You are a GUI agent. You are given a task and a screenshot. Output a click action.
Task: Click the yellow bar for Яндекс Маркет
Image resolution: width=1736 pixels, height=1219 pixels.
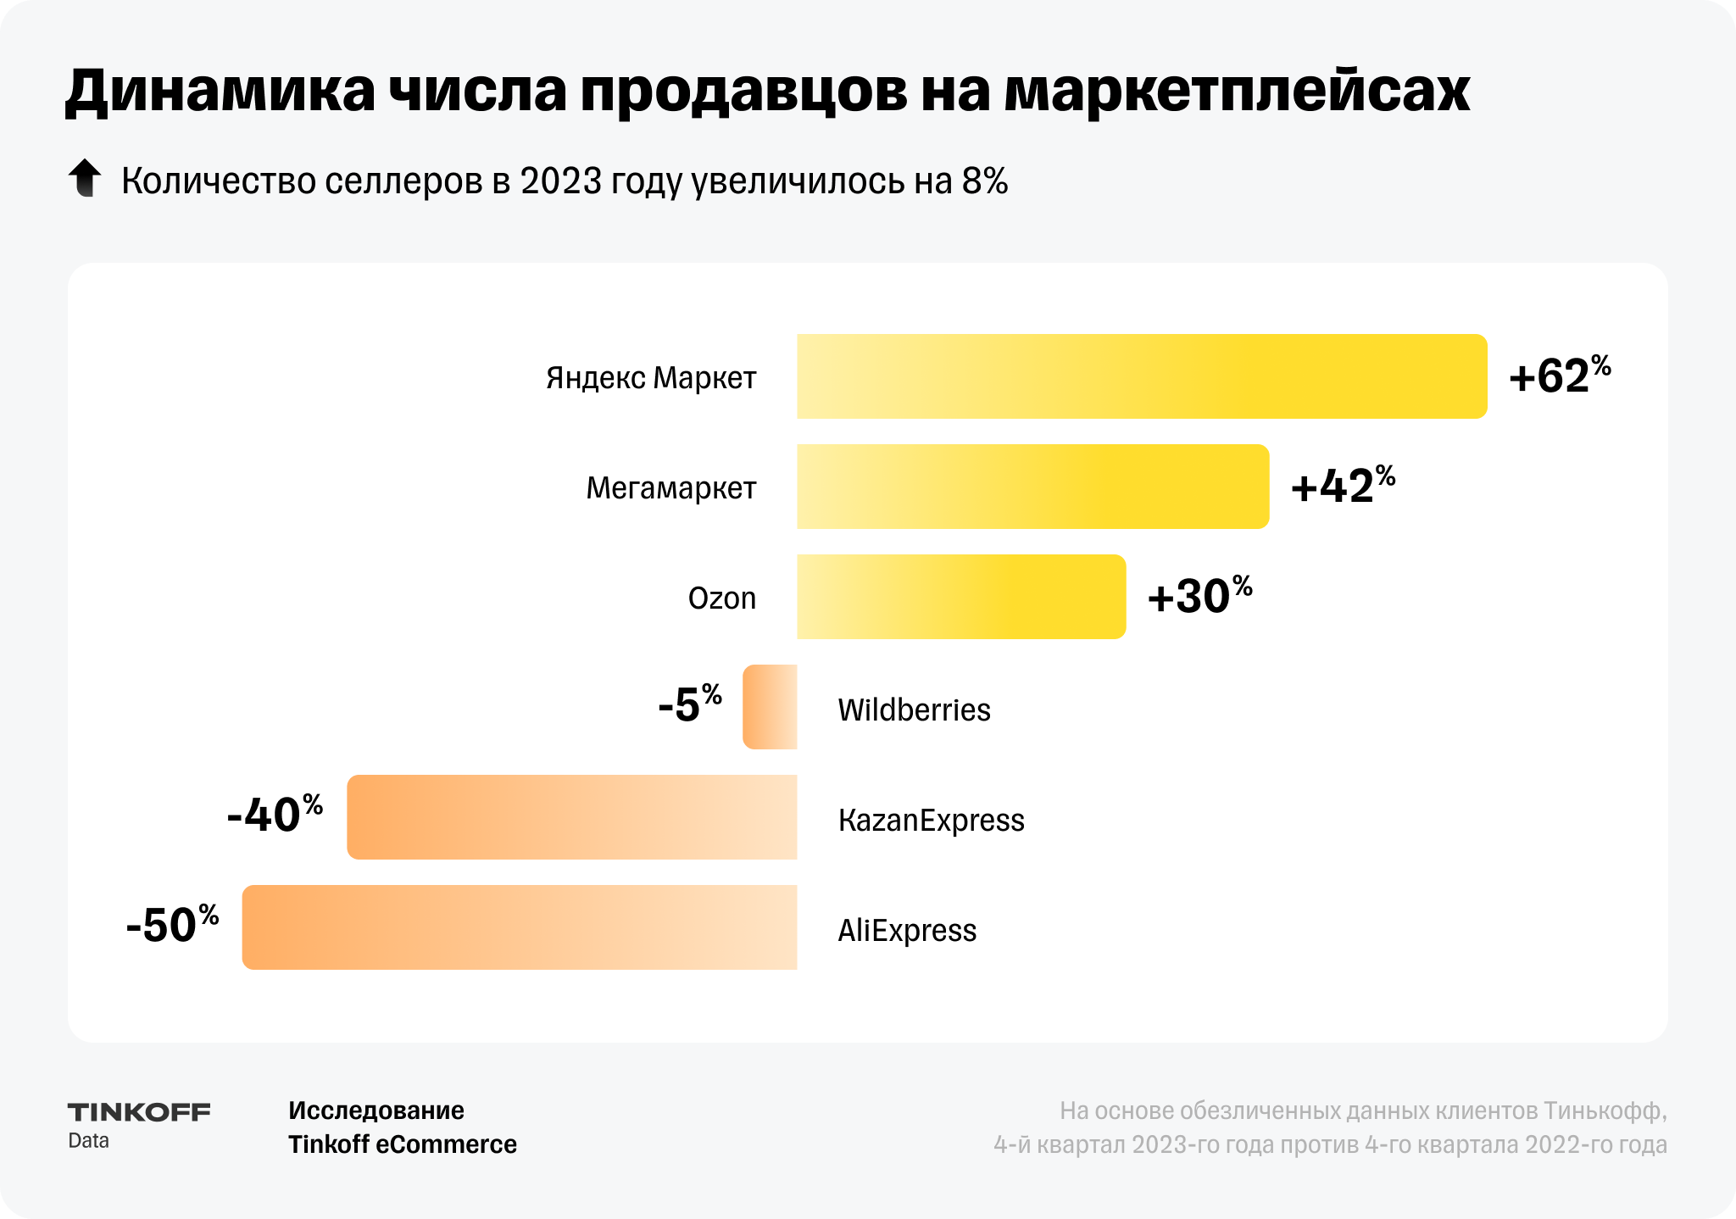1141,376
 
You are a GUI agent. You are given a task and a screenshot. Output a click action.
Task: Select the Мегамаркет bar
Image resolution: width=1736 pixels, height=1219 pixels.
1032,487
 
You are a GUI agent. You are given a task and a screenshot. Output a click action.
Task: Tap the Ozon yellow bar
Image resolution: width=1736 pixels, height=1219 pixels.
960,597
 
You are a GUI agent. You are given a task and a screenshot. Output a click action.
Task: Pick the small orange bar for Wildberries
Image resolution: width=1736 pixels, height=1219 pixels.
770,707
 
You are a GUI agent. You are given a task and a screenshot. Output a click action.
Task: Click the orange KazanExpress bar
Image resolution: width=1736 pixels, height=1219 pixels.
572,817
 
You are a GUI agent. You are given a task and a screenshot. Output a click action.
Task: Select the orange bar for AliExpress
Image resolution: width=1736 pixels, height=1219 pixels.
520,927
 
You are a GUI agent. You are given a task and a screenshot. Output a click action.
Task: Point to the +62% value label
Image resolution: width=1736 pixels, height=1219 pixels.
1559,376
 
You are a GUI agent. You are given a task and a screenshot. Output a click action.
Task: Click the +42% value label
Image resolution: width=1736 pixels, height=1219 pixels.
1342,486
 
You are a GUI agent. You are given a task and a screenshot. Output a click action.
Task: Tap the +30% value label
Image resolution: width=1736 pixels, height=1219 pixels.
1199,596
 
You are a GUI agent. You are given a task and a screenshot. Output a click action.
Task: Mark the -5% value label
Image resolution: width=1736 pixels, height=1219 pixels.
689,704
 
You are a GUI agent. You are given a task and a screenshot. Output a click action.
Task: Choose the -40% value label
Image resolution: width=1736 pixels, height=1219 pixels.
275,815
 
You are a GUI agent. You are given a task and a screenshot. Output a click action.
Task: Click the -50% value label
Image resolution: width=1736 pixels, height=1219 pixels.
172,925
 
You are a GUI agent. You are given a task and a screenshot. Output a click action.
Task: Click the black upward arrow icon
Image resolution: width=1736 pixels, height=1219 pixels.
85,178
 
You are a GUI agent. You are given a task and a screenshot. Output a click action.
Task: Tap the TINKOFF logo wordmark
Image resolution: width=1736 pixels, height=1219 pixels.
139,1112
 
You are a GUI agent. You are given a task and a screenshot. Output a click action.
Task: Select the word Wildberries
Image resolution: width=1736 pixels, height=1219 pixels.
914,710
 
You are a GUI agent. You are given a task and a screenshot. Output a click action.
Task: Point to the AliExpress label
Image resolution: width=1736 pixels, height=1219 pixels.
907,930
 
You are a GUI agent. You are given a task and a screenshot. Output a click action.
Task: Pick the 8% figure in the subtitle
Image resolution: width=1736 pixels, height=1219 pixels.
985,181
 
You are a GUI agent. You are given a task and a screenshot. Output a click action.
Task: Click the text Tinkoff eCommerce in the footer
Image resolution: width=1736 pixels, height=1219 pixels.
403,1144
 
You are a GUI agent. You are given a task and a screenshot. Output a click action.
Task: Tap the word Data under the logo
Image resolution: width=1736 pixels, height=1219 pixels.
88,1141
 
